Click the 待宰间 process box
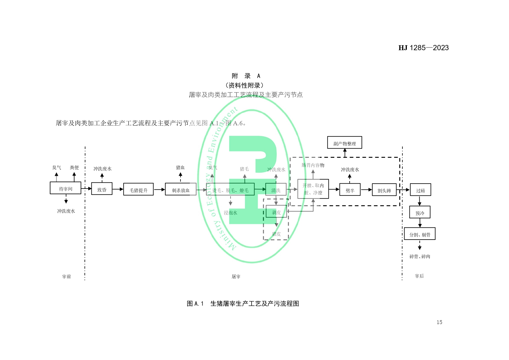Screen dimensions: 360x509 point(65,188)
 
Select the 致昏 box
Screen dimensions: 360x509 point(102,189)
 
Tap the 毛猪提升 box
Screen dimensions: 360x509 point(138,189)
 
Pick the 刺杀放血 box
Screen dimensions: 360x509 point(181,189)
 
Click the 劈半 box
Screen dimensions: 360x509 point(350,190)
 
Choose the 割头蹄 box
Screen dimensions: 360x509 point(384,190)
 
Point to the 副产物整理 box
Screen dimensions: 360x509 point(344,143)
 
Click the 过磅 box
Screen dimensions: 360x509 point(420,190)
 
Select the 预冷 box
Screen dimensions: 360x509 point(420,212)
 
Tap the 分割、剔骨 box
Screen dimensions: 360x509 point(420,234)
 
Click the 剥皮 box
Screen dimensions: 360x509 point(276,211)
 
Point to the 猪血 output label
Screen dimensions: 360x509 point(180,167)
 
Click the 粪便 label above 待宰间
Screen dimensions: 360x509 point(74,167)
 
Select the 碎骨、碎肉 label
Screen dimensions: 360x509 point(420,256)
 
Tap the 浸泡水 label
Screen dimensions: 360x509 point(230,213)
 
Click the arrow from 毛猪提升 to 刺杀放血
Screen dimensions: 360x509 point(159,190)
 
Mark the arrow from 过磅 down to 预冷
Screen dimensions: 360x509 point(420,201)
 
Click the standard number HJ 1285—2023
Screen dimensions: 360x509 point(423,48)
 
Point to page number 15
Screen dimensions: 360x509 point(439,322)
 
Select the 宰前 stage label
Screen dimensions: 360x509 point(66,276)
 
